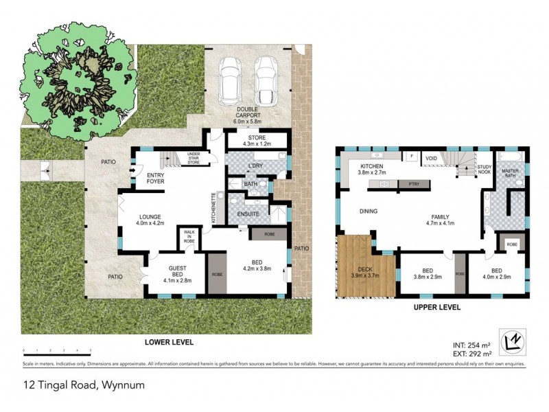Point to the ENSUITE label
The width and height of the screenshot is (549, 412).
248,214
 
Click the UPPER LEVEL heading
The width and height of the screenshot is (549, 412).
436,307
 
